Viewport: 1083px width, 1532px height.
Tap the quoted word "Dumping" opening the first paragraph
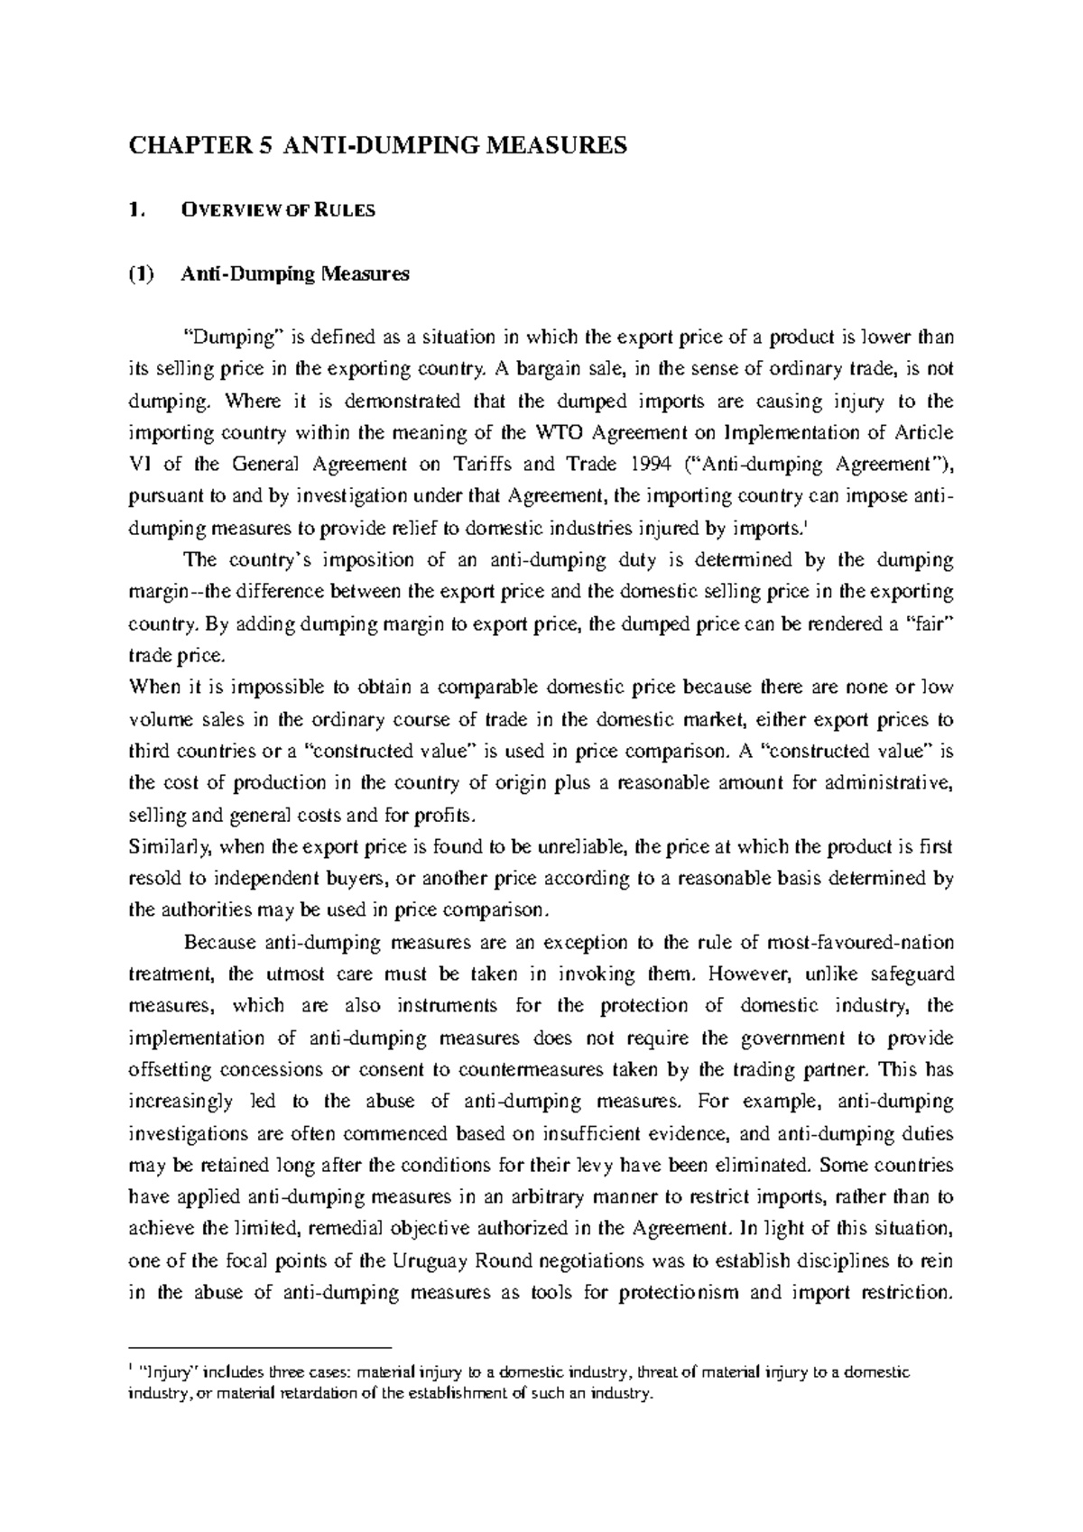coord(234,337)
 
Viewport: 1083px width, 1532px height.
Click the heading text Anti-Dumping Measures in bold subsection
coord(295,274)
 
